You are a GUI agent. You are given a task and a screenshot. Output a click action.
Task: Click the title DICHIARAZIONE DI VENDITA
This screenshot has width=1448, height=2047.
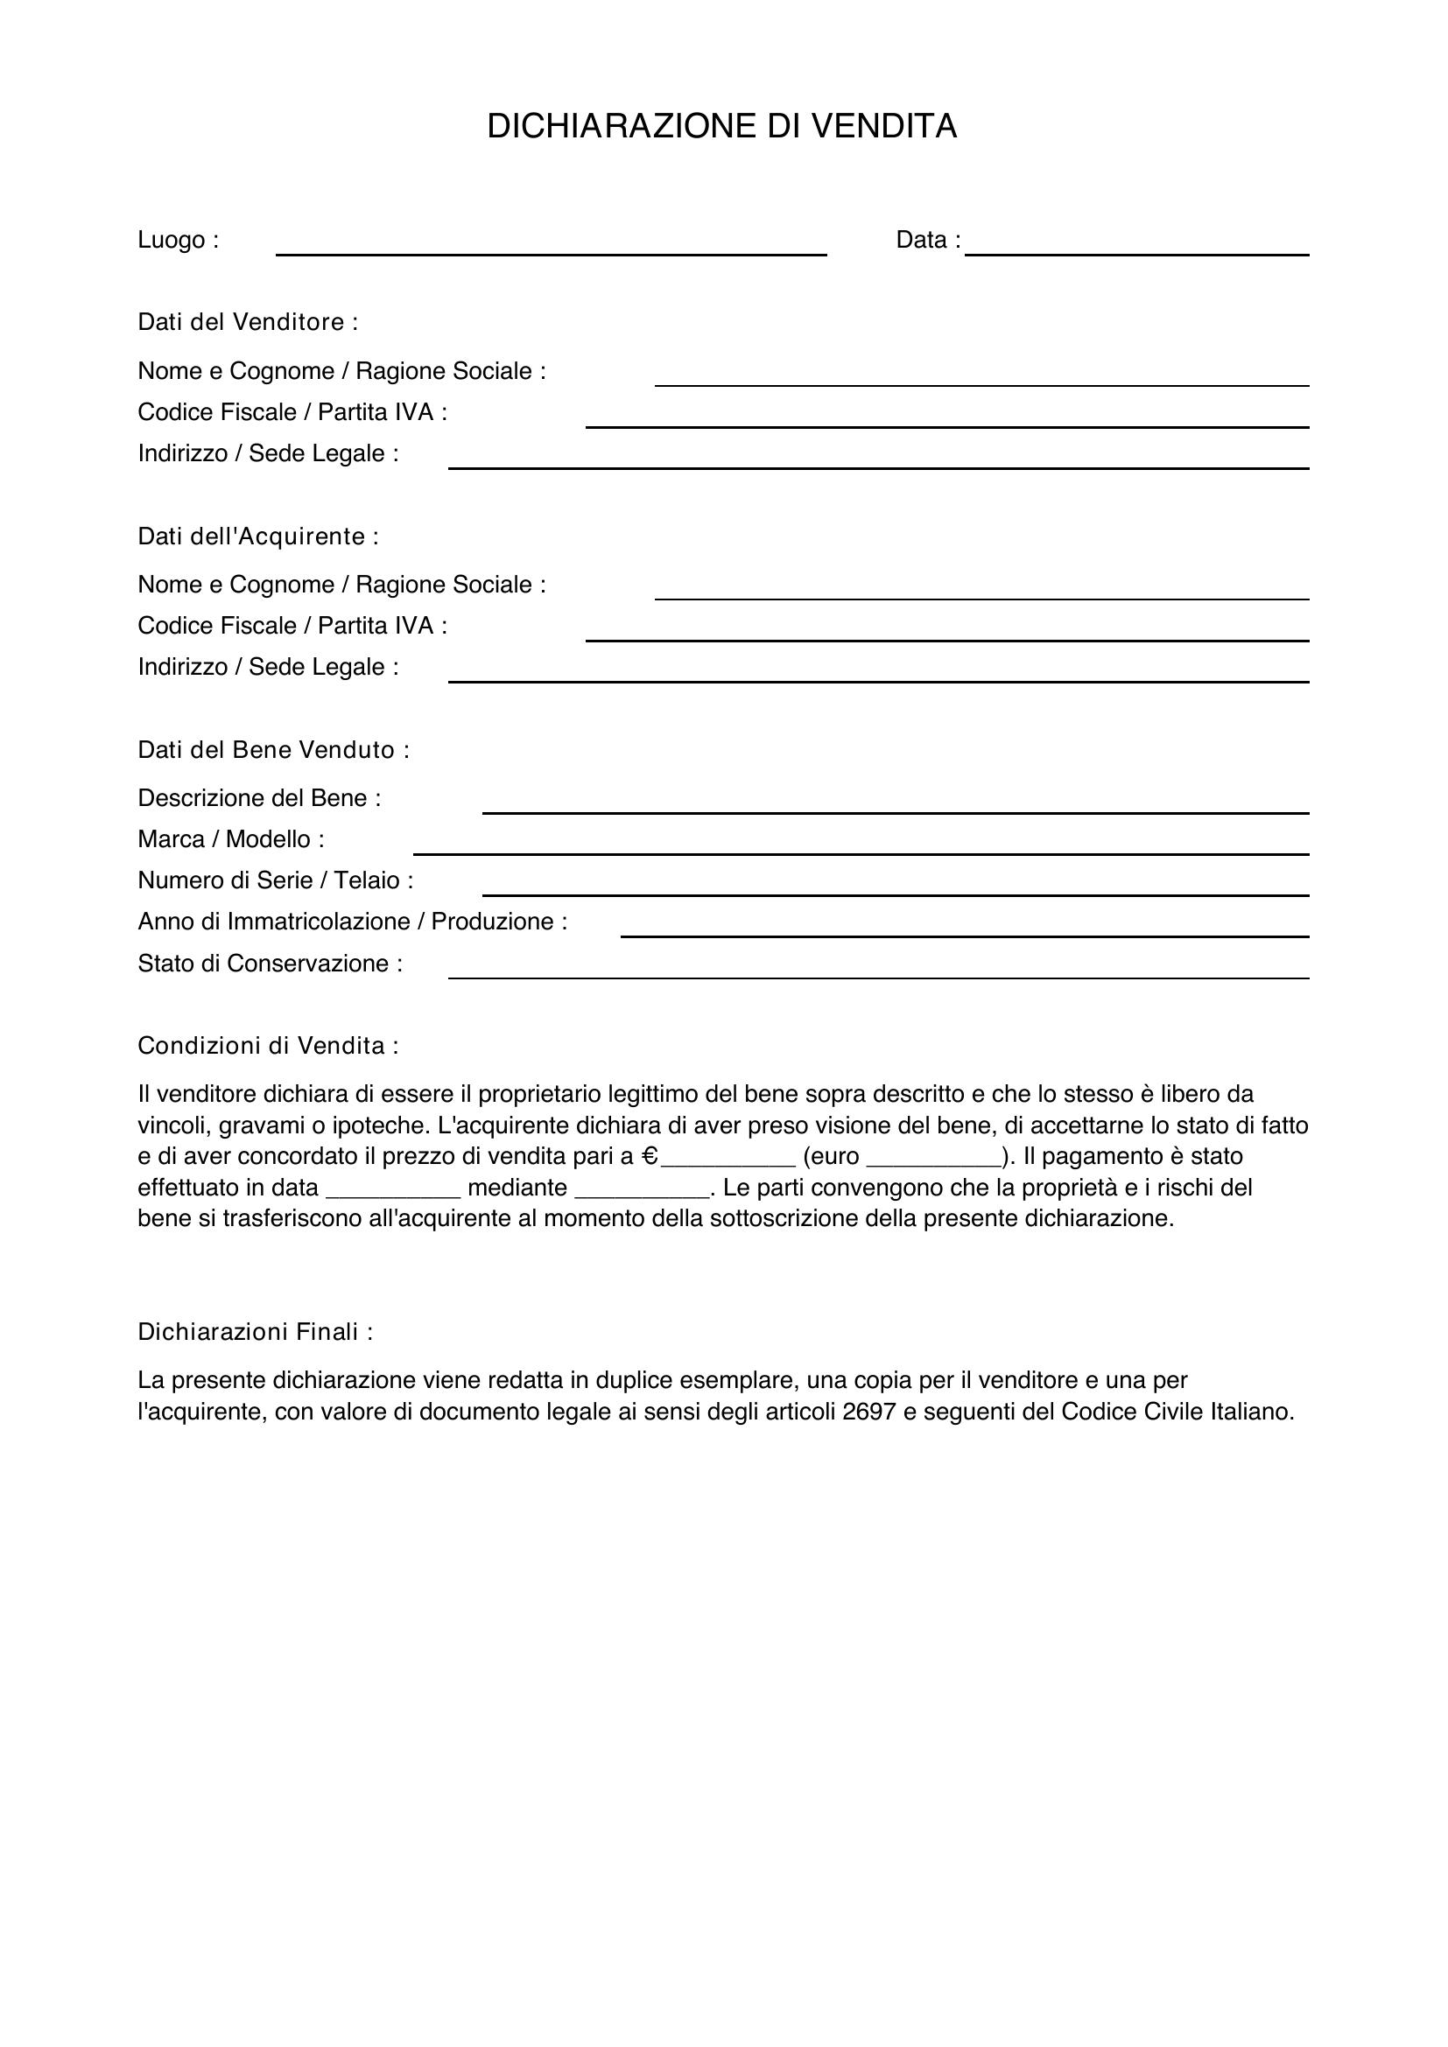click(721, 127)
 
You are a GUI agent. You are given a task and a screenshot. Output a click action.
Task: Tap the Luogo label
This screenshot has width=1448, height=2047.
click(178, 241)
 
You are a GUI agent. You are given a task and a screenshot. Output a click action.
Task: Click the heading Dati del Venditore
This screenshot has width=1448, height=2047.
click(247, 322)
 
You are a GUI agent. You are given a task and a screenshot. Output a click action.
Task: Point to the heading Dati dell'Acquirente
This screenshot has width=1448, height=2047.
click(257, 536)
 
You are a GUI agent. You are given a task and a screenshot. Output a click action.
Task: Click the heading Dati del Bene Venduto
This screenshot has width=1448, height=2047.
click(273, 750)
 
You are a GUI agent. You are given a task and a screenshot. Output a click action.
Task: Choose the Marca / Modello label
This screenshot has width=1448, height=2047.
click(230, 840)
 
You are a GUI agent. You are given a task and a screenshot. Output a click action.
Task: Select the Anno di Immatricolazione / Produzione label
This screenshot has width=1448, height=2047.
click(351, 922)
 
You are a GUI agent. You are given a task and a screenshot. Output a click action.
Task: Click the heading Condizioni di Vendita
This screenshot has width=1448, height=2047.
click(268, 1046)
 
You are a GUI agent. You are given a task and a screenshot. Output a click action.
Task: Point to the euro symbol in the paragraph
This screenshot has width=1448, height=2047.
click(650, 1157)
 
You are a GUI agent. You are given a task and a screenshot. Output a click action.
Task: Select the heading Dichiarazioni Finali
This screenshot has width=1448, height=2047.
click(254, 1332)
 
